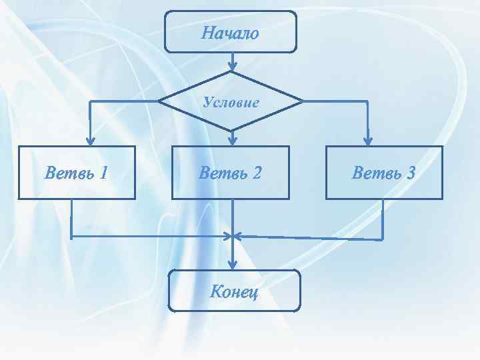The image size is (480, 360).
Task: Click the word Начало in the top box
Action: point(230,33)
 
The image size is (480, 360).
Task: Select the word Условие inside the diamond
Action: point(231,102)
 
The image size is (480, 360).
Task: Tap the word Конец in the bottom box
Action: point(234,291)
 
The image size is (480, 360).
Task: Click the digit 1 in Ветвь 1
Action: point(103,173)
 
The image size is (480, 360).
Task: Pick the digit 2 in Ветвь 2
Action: point(256,173)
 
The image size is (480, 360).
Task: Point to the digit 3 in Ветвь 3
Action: point(410,173)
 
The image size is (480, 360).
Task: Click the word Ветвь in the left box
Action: point(67,173)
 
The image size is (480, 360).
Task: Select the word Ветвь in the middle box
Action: point(221,173)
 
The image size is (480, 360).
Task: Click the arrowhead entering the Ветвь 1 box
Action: point(91,141)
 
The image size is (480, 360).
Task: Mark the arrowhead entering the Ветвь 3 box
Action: point(367,141)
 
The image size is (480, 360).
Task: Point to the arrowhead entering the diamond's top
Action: point(232,67)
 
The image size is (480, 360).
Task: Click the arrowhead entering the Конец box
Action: point(232,265)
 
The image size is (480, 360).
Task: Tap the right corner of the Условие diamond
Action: point(303,101)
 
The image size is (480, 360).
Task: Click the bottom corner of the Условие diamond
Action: point(232,130)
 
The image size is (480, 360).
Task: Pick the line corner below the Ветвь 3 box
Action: point(383,239)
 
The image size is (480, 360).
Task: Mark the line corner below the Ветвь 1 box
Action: point(71,236)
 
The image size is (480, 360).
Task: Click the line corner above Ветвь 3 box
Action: point(367,101)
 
